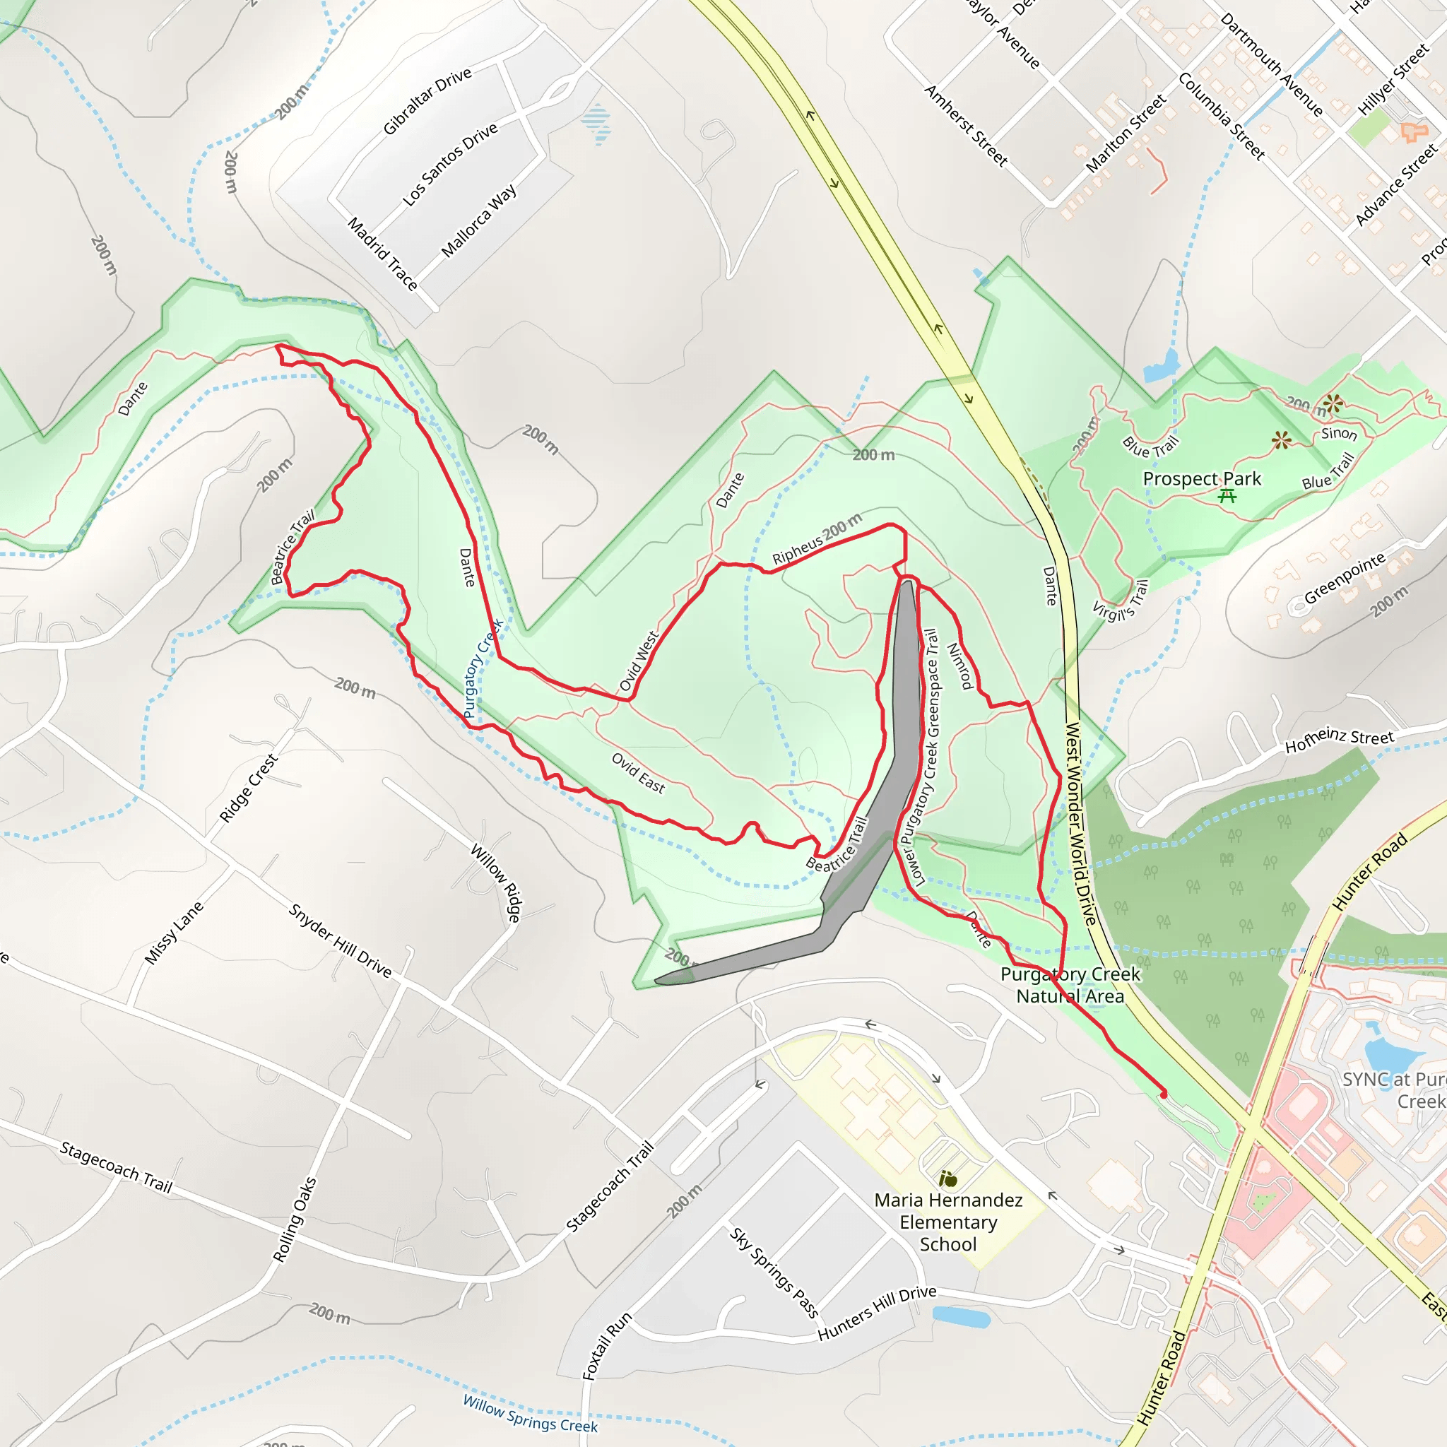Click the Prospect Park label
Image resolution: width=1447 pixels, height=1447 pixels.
1201,478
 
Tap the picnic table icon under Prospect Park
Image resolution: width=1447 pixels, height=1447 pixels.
1227,496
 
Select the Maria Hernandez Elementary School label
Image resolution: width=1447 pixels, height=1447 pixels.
948,1222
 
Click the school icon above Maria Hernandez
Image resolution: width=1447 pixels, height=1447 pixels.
948,1180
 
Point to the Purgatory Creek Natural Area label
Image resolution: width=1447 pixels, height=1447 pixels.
1070,985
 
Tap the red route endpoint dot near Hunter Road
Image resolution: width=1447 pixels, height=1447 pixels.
1163,1095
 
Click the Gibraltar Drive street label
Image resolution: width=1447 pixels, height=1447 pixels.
427,100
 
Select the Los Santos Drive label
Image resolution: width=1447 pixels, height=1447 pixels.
449,164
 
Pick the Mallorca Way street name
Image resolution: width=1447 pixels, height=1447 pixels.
478,221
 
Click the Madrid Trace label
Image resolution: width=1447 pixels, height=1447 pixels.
383,254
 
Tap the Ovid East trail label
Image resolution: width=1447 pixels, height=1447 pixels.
638,772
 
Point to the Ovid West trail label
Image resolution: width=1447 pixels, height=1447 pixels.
639,661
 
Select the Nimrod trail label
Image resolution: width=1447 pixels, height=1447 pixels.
959,666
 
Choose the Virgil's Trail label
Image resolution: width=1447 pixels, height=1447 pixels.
1120,601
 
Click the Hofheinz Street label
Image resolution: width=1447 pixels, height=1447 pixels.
1339,740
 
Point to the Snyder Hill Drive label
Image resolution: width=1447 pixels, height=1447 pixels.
340,940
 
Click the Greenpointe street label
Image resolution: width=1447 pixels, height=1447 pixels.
1345,578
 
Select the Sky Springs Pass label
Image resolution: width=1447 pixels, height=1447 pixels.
774,1272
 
